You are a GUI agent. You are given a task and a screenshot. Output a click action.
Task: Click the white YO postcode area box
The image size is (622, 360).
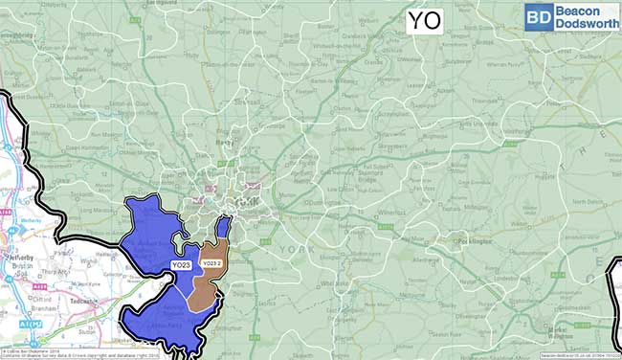426,20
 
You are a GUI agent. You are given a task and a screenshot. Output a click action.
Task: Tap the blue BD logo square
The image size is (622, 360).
538,16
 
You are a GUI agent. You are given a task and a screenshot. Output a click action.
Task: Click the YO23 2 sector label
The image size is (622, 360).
212,262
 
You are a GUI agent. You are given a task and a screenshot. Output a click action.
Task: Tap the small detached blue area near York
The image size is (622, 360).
223,228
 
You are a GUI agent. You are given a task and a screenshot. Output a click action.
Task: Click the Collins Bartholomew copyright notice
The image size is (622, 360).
33,349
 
